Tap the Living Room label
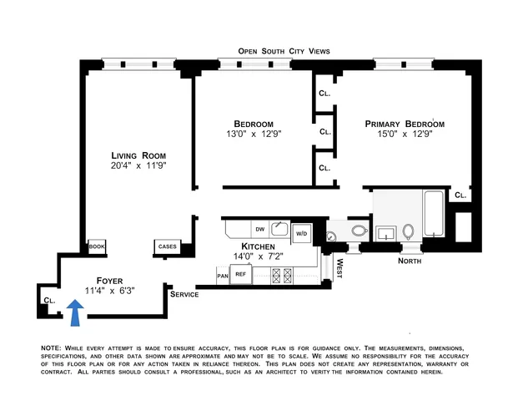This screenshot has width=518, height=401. (138, 155)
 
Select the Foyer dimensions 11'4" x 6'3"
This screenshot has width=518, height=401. (110, 291)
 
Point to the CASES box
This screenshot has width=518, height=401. (167, 246)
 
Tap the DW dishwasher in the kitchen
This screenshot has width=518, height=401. (259, 228)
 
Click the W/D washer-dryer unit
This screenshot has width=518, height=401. (301, 233)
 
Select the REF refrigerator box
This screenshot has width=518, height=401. (241, 273)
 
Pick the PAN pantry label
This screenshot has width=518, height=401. (223, 274)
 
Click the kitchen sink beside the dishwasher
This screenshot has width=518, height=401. (280, 228)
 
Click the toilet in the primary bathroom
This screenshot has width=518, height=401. (409, 231)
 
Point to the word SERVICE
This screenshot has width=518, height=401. (184, 295)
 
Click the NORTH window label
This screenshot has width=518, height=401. (410, 261)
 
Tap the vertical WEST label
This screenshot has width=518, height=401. (339, 268)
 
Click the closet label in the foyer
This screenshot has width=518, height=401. (49, 299)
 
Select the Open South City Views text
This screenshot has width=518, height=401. (284, 51)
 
